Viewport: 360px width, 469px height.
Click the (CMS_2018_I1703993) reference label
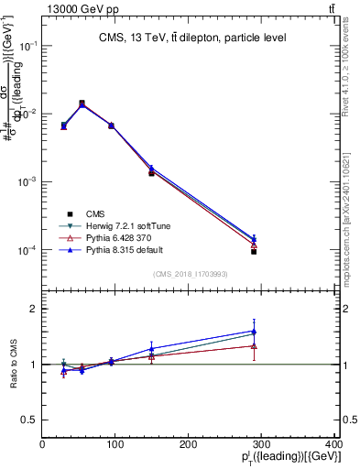191,274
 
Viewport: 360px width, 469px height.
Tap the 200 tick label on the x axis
189,444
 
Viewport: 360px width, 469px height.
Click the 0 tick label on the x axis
42,444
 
